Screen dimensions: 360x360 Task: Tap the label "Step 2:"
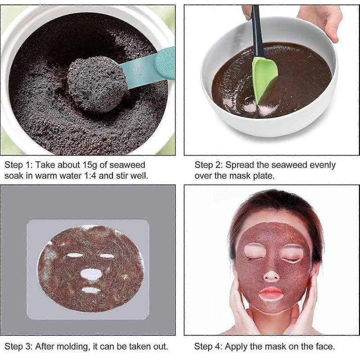click(207, 165)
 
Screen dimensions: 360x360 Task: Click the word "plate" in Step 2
click(265, 175)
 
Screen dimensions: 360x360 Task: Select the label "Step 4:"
click(207, 346)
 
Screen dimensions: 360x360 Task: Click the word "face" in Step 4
click(324, 346)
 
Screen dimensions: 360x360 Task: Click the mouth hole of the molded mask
click(91, 290)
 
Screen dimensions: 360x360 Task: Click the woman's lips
click(271, 294)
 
